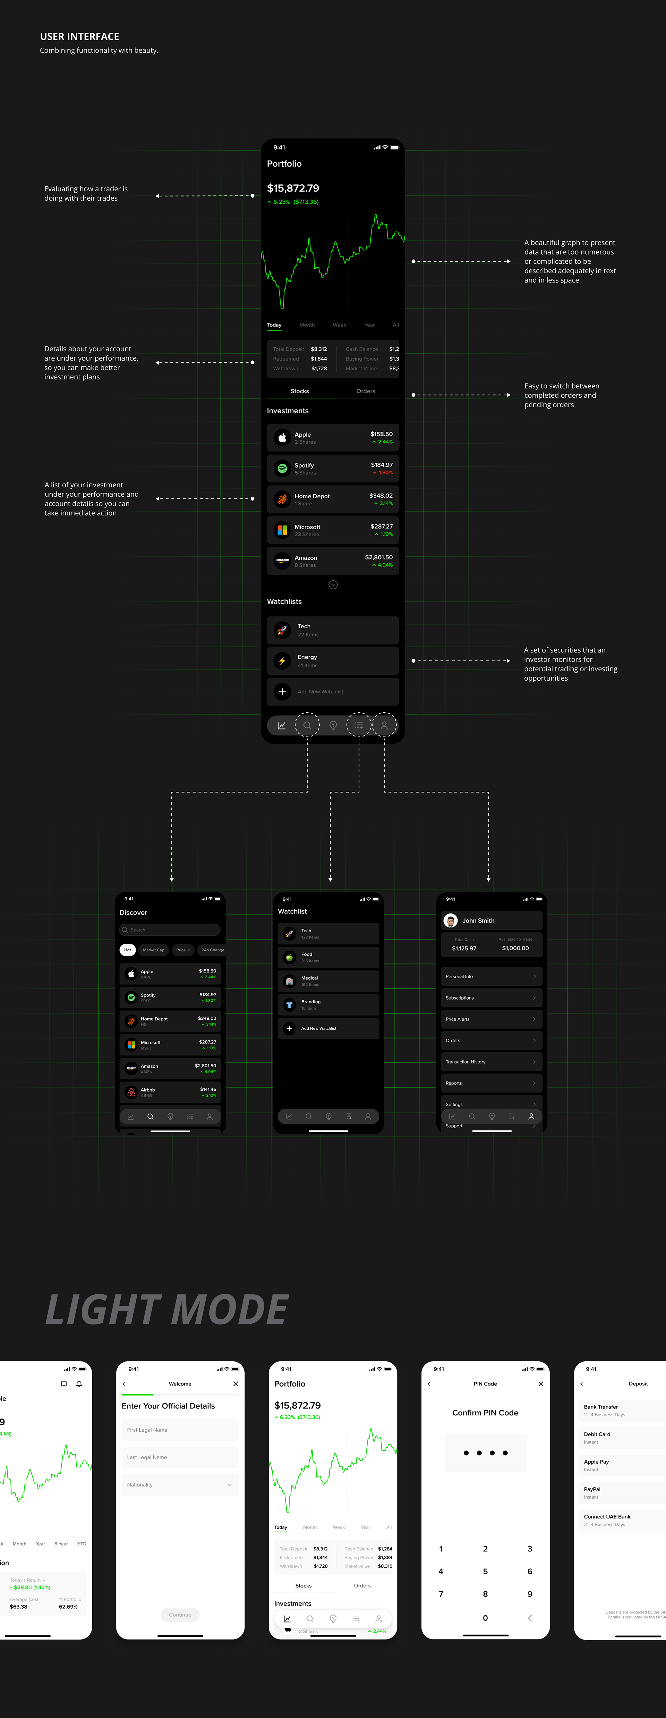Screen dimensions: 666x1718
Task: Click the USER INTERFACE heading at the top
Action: pyautogui.click(x=79, y=37)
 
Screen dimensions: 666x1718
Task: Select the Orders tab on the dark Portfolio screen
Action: pyautogui.click(x=365, y=391)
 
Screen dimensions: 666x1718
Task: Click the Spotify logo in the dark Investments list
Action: pyautogui.click(x=282, y=469)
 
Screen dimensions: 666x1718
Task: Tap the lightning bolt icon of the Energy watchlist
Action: pyautogui.click(x=282, y=661)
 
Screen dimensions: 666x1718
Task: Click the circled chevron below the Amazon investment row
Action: pyautogui.click(x=333, y=585)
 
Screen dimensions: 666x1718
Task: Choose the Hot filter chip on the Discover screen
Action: pyautogui.click(x=127, y=950)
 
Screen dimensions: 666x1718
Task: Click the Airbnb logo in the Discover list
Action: pyautogui.click(x=131, y=1093)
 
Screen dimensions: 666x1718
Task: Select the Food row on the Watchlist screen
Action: pyautogui.click(x=328, y=957)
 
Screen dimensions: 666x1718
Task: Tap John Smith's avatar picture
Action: pyautogui.click(x=451, y=921)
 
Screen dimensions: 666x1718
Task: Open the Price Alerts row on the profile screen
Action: pyautogui.click(x=491, y=1019)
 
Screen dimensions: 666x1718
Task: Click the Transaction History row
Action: pyautogui.click(x=491, y=1062)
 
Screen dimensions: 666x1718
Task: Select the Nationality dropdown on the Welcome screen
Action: pyautogui.click(x=180, y=1484)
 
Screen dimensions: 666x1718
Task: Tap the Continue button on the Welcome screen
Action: pyautogui.click(x=180, y=1615)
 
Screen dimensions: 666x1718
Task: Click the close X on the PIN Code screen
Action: pyautogui.click(x=541, y=1384)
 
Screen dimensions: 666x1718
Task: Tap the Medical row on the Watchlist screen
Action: pyautogui.click(x=328, y=981)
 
